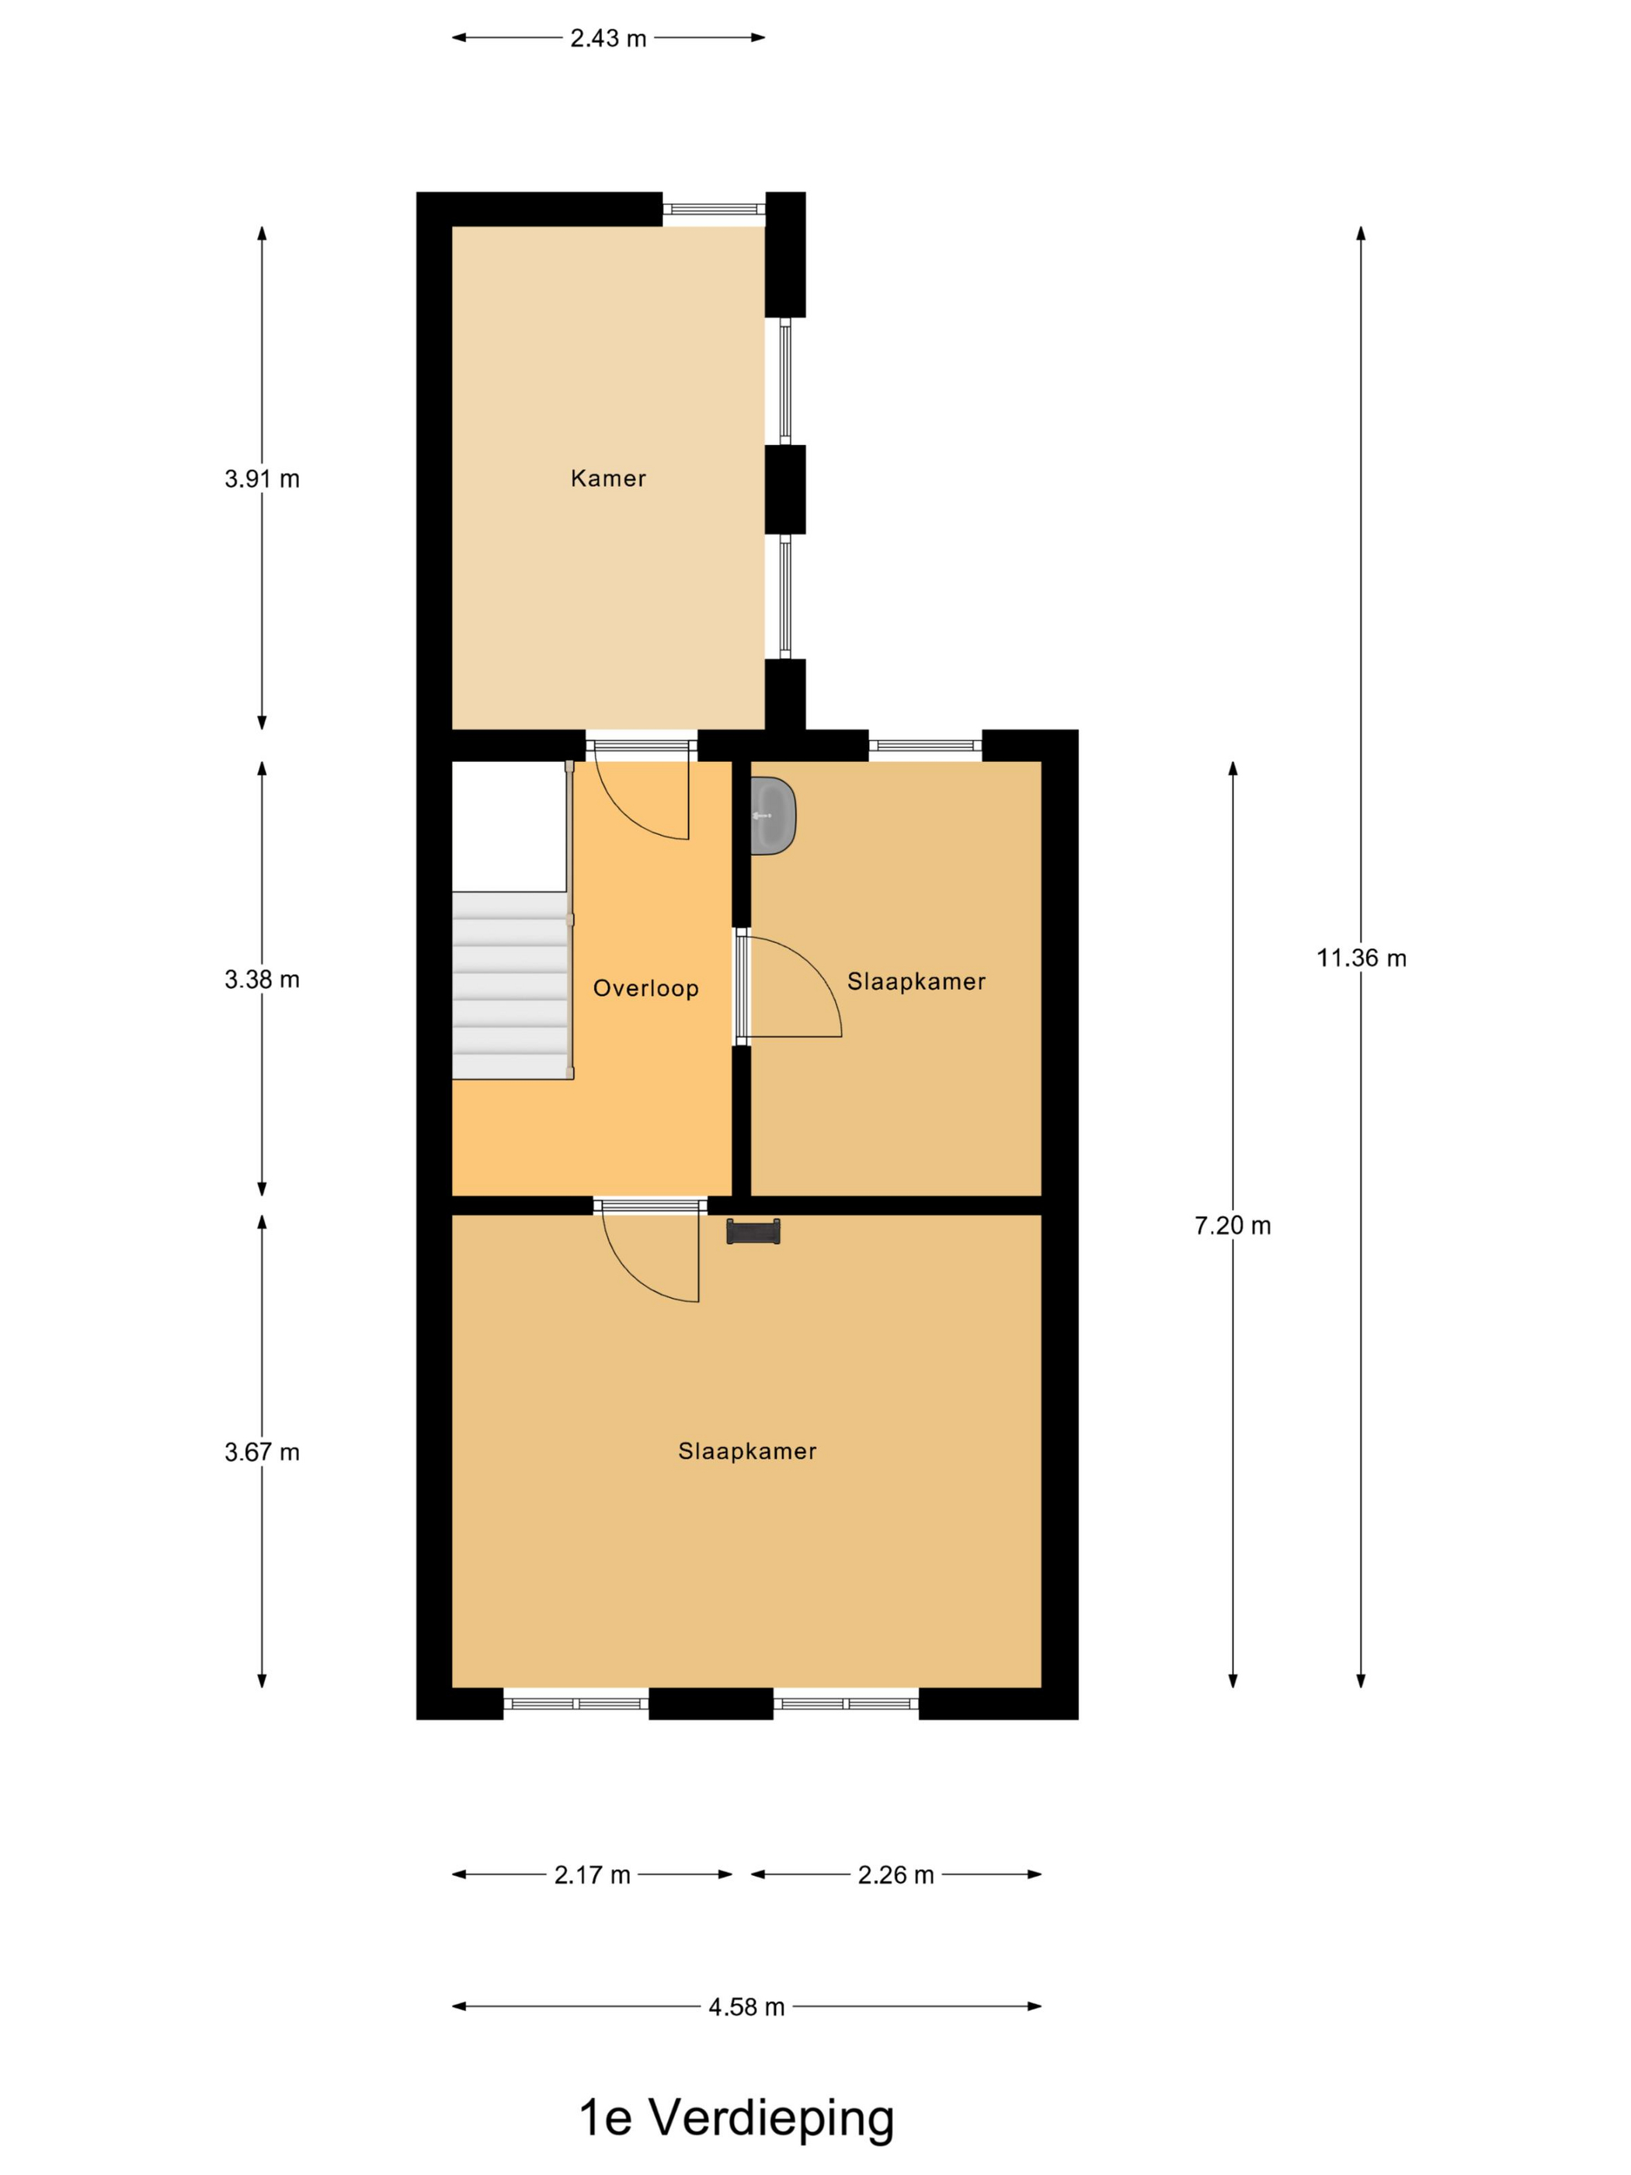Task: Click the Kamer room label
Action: tap(607, 478)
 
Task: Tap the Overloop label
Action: tap(645, 988)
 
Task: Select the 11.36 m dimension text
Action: tap(1361, 958)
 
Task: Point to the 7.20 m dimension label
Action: tap(1232, 1225)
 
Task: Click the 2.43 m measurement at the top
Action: tap(607, 38)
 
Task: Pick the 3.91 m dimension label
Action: tap(262, 478)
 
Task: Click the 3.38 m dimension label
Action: tap(262, 980)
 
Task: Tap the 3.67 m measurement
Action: tap(262, 1453)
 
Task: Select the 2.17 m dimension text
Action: tap(592, 1875)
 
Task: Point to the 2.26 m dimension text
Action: tap(895, 1875)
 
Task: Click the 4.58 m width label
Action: tap(746, 2007)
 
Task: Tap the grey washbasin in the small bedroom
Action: tap(773, 815)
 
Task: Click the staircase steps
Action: tap(510, 985)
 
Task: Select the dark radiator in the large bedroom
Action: tap(753, 1231)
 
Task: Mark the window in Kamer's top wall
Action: tap(714, 208)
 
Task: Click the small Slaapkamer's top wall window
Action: tap(925, 745)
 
